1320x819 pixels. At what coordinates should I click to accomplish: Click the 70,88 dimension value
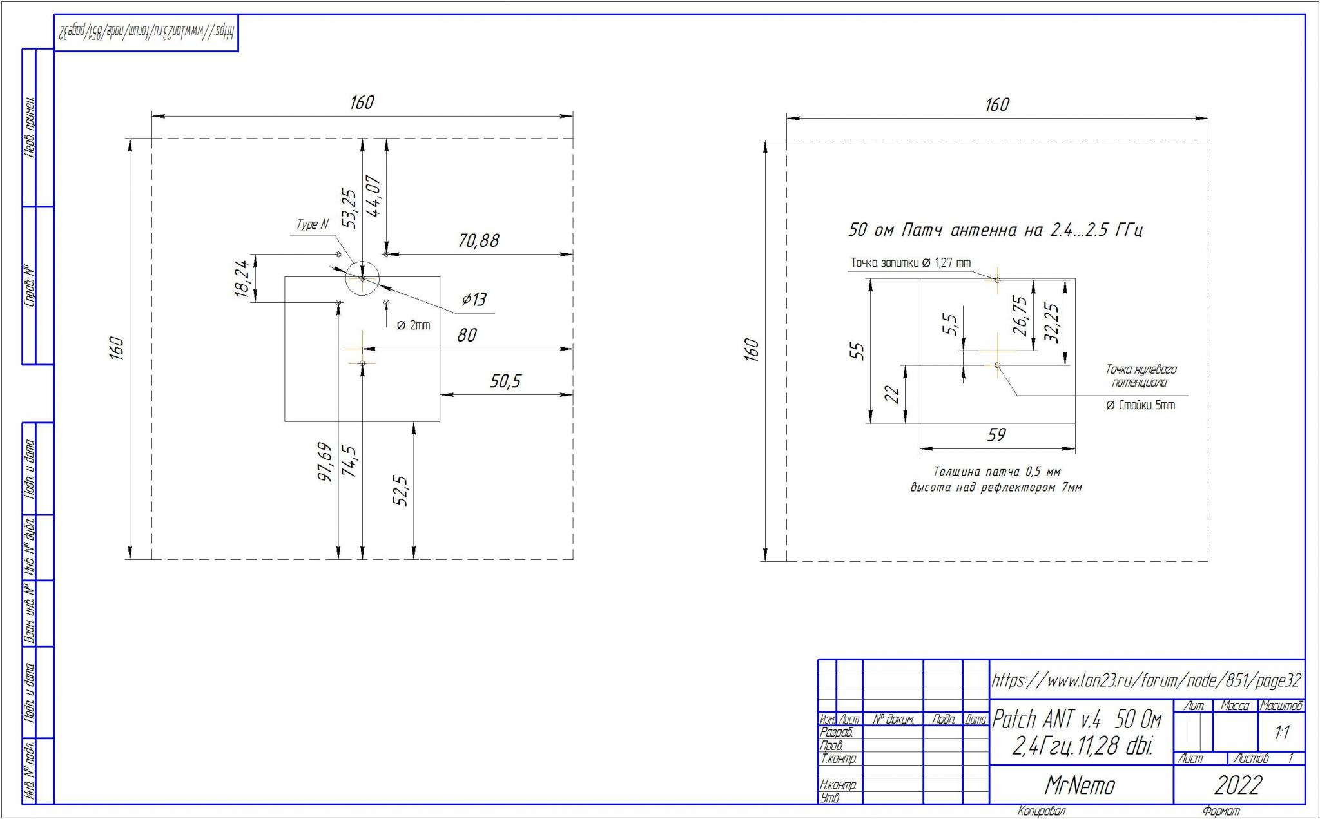pyautogui.click(x=478, y=240)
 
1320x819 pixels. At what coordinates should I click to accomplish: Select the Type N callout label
pyautogui.click(x=313, y=224)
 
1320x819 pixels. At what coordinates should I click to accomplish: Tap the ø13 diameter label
pyautogui.click(x=474, y=299)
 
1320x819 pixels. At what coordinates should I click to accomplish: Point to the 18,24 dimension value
pyautogui.click(x=242, y=278)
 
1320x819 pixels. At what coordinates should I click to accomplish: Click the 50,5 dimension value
pyautogui.click(x=505, y=381)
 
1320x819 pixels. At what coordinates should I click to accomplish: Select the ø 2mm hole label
pyautogui.click(x=413, y=325)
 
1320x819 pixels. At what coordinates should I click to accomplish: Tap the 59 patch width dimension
pyautogui.click(x=996, y=435)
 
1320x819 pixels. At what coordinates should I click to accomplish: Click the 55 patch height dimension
pyautogui.click(x=858, y=351)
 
